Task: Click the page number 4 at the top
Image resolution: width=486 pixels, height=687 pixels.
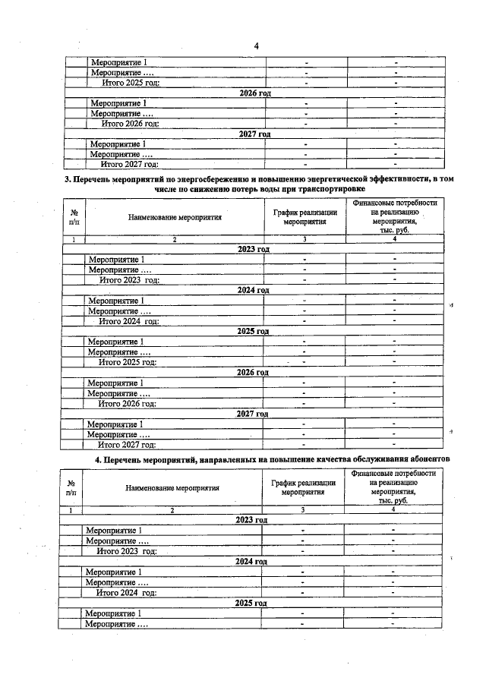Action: pyautogui.click(x=257, y=46)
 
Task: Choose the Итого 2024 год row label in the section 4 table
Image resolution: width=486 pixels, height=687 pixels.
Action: pyautogui.click(x=126, y=592)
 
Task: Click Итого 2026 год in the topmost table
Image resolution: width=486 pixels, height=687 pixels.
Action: pyautogui.click(x=131, y=123)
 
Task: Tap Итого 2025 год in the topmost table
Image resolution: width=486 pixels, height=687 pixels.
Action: pyautogui.click(x=131, y=82)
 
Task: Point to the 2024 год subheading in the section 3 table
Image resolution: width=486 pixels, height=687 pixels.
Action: pyautogui.click(x=253, y=290)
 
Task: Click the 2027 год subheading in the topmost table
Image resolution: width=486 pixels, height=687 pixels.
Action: pyautogui.click(x=254, y=134)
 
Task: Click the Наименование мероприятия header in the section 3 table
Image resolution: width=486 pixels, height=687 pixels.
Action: pyautogui.click(x=175, y=217)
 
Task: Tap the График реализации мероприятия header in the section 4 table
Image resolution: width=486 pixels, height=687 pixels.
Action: pyautogui.click(x=303, y=487)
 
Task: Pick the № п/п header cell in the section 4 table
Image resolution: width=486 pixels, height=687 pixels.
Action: pyautogui.click(x=71, y=487)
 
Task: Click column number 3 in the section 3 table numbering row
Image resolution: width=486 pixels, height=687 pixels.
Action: pyautogui.click(x=305, y=239)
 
